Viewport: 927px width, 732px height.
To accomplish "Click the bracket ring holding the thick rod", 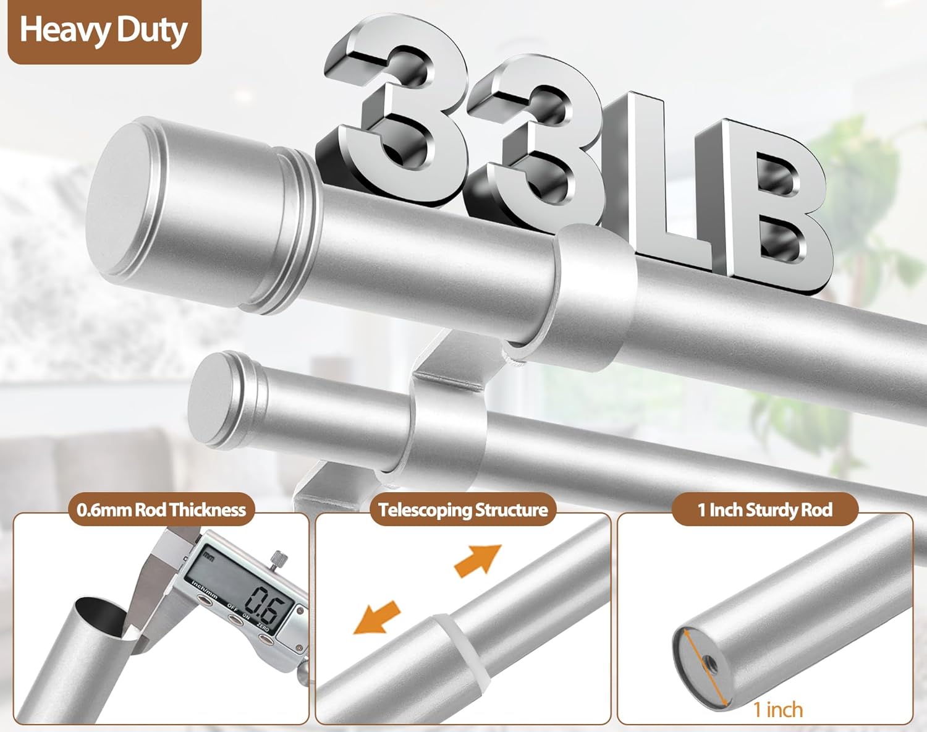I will click(x=593, y=297).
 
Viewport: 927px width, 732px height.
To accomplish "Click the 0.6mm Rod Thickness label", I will click(x=161, y=510).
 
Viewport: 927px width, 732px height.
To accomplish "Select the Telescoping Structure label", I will click(x=463, y=510).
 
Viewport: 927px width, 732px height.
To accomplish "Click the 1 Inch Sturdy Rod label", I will click(x=765, y=510).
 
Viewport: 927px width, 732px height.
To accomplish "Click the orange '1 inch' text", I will click(x=778, y=709).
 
